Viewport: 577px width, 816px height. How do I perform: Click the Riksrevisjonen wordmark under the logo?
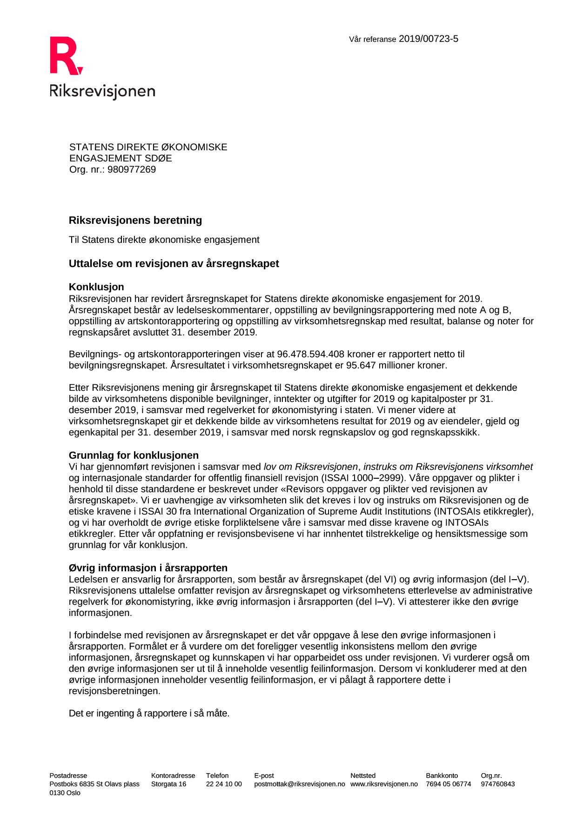tap(102, 91)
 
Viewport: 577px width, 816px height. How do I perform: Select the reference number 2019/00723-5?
tap(428, 39)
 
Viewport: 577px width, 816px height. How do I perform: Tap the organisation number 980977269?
tap(132, 170)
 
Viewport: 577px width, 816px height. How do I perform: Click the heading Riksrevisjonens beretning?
tap(135, 221)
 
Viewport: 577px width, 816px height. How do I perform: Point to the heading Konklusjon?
tap(96, 287)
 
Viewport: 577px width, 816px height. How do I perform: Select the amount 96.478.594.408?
tap(310, 354)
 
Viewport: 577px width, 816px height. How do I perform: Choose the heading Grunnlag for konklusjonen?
tap(134, 455)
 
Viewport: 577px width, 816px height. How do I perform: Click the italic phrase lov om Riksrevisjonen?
tap(310, 467)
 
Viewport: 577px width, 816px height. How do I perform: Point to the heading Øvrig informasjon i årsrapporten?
tap(148, 568)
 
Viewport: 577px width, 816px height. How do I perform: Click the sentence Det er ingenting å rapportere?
tap(149, 714)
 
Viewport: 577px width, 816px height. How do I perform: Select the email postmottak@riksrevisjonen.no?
tap(300, 784)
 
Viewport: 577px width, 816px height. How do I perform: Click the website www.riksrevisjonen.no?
tap(384, 784)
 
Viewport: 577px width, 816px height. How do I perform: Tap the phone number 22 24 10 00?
tap(224, 784)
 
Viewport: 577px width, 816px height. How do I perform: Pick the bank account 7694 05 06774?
tap(448, 784)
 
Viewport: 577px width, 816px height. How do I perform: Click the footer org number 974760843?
tap(497, 784)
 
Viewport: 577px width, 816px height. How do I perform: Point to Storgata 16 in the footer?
tap(168, 784)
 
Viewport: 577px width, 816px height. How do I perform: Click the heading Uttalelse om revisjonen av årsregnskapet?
tap(174, 264)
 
